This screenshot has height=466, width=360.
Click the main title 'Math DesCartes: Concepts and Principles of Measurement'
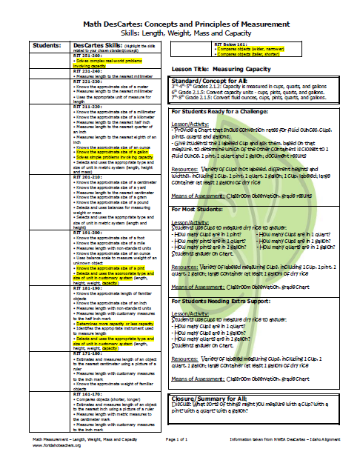181,9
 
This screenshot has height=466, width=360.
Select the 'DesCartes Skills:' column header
96,45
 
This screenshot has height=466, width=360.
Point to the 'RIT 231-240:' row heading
88,70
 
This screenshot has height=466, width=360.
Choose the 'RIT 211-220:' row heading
88,106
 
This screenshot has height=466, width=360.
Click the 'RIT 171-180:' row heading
88,354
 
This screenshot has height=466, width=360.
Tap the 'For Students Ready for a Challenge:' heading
227,111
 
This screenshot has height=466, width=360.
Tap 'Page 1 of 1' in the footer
181,439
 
